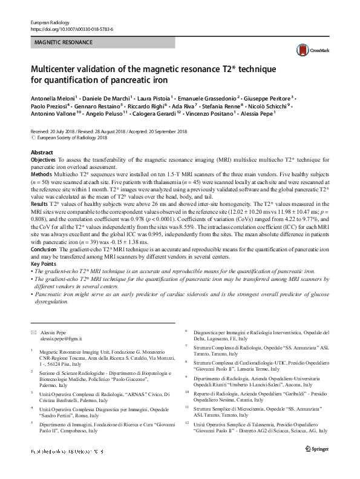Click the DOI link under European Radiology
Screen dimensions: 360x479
tap(71, 29)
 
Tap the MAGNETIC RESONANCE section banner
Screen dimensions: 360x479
tap(63, 43)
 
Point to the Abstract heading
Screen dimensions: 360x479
tap(42, 152)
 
